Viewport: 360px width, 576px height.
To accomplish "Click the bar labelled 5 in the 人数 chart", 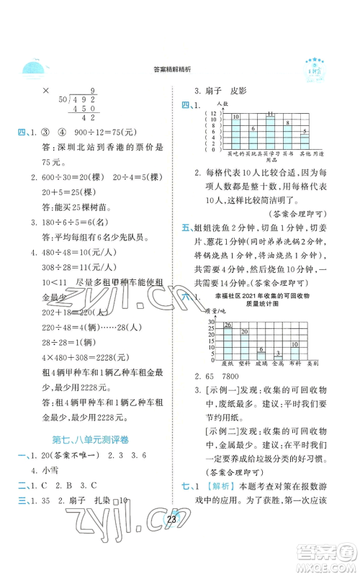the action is click(305, 142).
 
